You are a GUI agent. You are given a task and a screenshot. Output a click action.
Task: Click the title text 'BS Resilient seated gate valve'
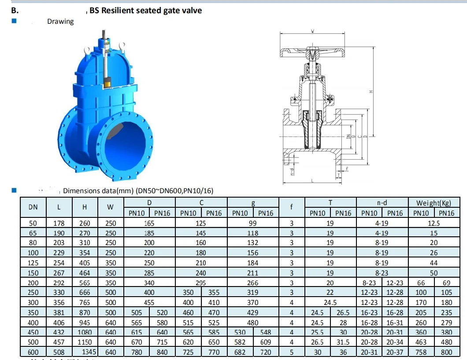145,10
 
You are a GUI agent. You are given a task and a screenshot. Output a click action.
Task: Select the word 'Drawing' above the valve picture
60,21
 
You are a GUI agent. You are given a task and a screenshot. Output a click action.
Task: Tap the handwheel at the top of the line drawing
312,52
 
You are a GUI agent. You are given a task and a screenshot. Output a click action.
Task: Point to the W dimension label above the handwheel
312,31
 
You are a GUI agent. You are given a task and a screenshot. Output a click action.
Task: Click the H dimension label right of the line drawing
371,92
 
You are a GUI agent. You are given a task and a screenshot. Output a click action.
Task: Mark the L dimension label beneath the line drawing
311,180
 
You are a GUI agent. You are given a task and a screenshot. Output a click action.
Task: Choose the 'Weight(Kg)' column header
434,202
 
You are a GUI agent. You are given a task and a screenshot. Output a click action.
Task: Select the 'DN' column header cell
33,207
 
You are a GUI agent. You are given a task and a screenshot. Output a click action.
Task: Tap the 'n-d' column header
382,202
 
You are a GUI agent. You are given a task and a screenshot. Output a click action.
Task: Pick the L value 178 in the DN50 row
59,223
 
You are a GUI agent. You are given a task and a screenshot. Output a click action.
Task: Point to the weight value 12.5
434,223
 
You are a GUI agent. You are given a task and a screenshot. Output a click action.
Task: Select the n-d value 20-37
395,352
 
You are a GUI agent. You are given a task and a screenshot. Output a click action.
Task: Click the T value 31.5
343,342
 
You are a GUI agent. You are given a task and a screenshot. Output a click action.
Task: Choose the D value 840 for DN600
163,352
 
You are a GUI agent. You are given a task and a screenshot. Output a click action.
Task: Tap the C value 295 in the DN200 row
201,283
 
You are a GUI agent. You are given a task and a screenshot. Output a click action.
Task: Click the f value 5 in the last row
292,352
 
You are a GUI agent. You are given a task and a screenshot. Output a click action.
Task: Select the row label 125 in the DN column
33,263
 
